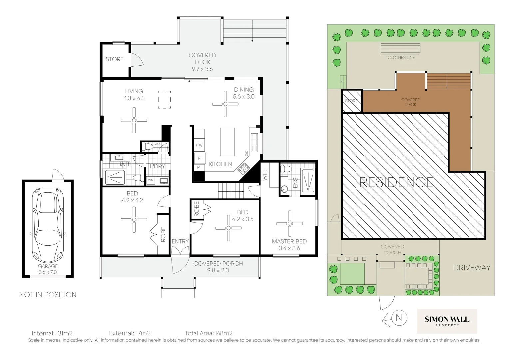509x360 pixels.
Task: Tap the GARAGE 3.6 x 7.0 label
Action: click(48, 269)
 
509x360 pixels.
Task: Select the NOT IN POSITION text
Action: click(48, 295)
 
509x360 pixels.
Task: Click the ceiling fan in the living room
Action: click(134, 120)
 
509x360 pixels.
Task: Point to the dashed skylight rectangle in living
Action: click(164, 99)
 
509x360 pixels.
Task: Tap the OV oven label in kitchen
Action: click(199, 145)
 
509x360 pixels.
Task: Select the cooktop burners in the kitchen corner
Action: click(244, 168)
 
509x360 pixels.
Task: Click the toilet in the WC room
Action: click(147, 146)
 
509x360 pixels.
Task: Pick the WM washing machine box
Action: click(151, 180)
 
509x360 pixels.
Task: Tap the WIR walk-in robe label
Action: click(265, 176)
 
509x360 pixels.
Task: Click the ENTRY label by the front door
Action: click(180, 241)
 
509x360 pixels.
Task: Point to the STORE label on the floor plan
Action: click(115, 59)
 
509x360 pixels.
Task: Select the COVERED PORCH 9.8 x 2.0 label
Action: click(218, 267)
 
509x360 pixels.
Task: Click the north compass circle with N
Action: click(400, 318)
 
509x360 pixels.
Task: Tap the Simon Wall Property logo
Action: click(447, 321)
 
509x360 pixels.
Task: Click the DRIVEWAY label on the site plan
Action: click(471, 267)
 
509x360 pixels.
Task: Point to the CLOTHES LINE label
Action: click(401, 57)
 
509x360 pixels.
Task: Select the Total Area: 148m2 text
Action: click(209, 333)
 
